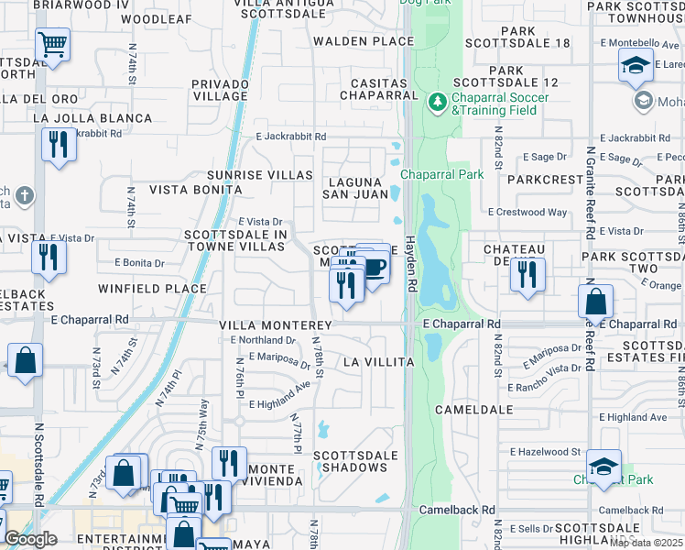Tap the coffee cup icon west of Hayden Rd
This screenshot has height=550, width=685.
[x=375, y=268]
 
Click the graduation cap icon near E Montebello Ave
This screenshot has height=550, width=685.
[x=635, y=66]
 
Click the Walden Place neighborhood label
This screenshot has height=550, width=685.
[x=364, y=41]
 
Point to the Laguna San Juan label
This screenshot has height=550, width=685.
[x=354, y=188]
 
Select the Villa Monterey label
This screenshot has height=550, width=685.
[x=275, y=325]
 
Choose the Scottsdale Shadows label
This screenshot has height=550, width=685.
[x=356, y=462]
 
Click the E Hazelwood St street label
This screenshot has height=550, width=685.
[x=546, y=452]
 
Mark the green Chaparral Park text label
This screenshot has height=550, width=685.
[x=429, y=174]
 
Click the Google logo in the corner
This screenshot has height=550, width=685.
[x=31, y=539]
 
